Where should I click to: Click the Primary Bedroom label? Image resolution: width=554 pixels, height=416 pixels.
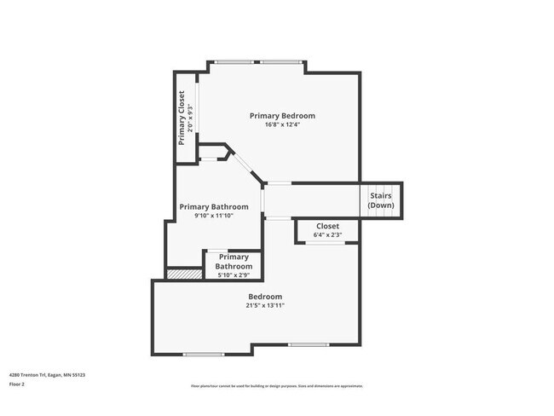[282, 115]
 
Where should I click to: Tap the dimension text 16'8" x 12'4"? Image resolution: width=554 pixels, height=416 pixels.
[282, 124]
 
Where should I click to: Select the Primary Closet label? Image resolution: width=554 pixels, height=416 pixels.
[182, 118]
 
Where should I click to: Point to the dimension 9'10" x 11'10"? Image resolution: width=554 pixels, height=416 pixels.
[214, 216]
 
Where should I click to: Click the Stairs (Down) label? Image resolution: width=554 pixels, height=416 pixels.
[381, 200]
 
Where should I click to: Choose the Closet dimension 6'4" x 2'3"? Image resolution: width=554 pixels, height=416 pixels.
[327, 234]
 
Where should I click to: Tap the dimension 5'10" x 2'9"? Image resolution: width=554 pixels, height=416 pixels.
[234, 274]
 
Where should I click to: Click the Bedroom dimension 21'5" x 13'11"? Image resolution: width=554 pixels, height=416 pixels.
[265, 305]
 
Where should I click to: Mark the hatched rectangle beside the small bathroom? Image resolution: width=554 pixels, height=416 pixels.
[180, 274]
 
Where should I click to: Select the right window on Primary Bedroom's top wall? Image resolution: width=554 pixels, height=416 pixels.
[280, 61]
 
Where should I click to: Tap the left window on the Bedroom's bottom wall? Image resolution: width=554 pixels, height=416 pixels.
[204, 354]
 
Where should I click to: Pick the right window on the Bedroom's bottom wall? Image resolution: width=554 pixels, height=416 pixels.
[309, 344]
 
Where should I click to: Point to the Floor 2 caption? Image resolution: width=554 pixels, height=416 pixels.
[17, 384]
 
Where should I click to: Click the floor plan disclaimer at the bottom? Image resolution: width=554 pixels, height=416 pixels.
[277, 385]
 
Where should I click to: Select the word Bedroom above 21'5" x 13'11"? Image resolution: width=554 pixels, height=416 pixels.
[265, 297]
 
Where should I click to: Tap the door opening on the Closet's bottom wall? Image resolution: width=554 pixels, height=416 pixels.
[326, 243]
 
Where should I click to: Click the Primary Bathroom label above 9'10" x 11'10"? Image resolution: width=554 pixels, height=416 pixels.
[214, 206]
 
